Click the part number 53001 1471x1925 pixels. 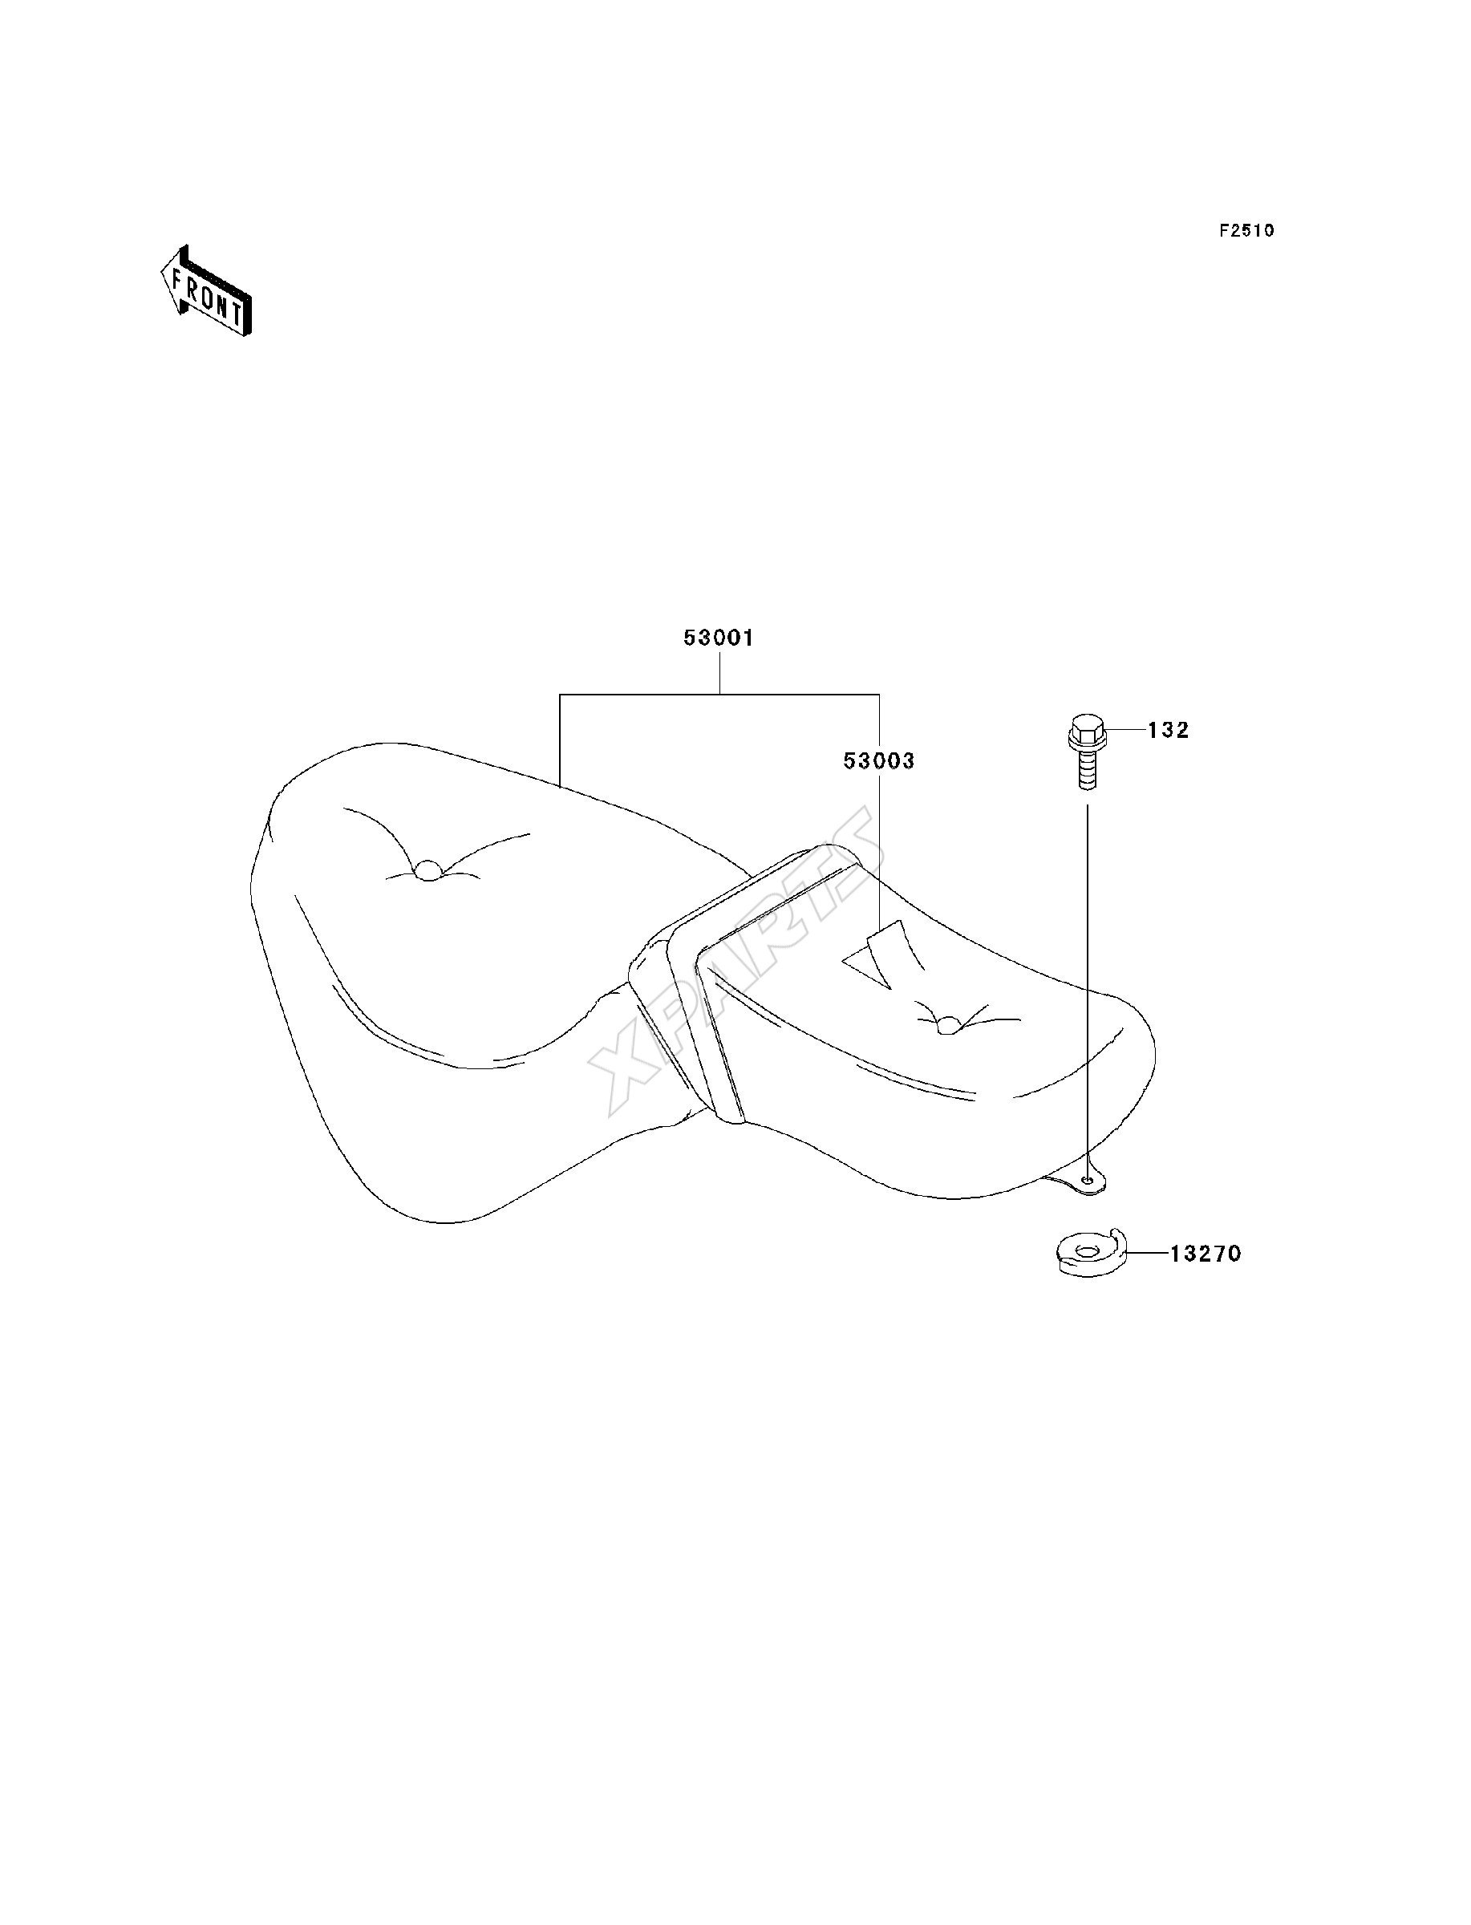[x=718, y=638]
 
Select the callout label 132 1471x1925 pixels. [x=1168, y=730]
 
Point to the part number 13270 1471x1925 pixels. [x=1205, y=1254]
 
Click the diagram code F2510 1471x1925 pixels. [x=1247, y=230]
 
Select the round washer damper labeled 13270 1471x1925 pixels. [x=1087, y=1253]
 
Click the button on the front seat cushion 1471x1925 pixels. [x=428, y=870]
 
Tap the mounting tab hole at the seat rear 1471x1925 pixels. [x=1088, y=1180]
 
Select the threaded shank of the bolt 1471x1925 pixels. [x=1086, y=770]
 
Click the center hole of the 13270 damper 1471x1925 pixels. [x=1087, y=1251]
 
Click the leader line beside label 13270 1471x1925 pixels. [x=1148, y=1254]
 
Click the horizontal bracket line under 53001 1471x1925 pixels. [x=719, y=694]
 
